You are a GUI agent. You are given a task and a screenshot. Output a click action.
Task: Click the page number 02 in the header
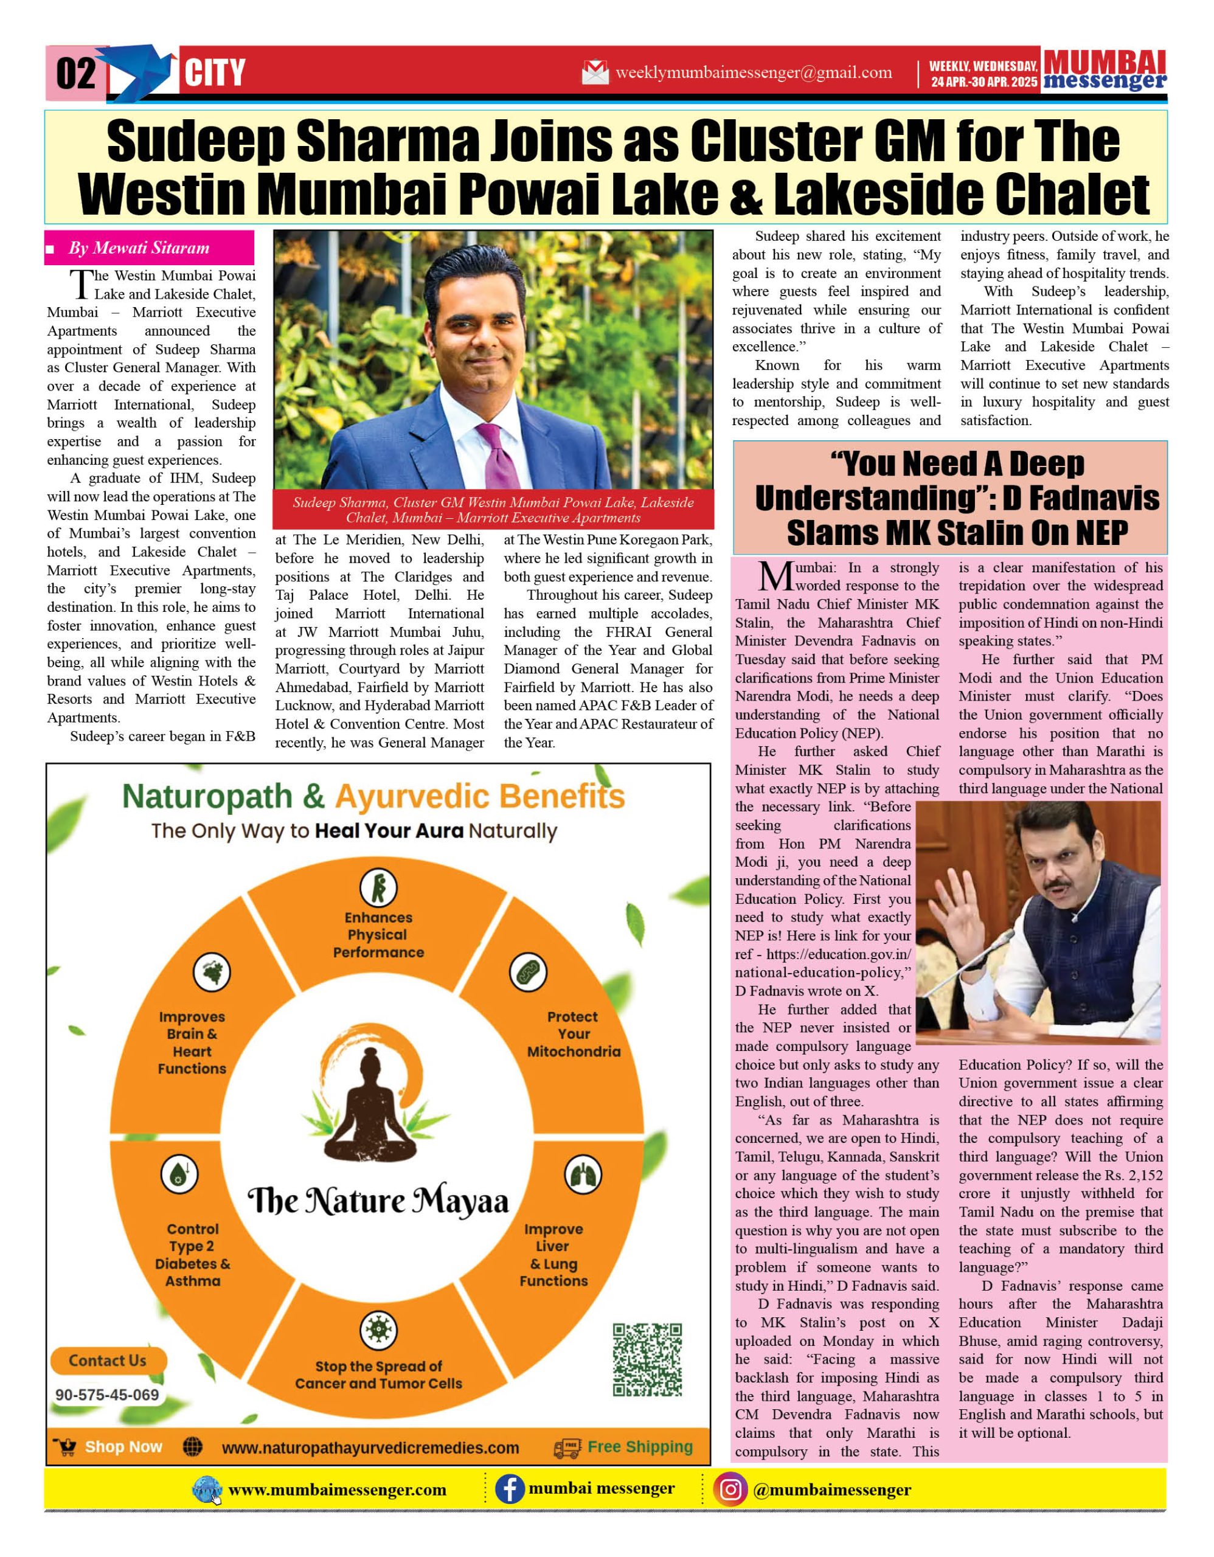(x=75, y=74)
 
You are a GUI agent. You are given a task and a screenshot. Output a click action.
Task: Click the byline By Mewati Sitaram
(x=139, y=248)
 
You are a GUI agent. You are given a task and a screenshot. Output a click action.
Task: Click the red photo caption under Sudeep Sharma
(x=493, y=510)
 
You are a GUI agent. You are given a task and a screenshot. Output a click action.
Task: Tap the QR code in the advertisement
(x=647, y=1359)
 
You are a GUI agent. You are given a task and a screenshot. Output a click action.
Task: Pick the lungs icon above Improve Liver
(x=583, y=1175)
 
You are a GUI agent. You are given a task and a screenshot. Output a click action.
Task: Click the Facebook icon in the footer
(x=510, y=1489)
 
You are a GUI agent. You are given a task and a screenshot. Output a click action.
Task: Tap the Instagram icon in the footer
(x=730, y=1489)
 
